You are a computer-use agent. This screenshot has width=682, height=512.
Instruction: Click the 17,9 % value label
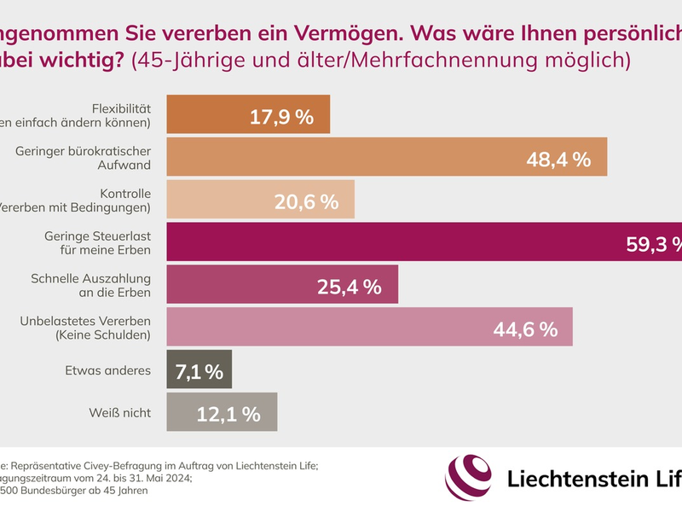[x=281, y=117]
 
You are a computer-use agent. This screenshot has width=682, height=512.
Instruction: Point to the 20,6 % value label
[x=306, y=201]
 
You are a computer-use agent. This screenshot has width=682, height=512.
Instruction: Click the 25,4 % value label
[x=349, y=286]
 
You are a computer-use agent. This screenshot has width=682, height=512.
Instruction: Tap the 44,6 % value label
[x=525, y=329]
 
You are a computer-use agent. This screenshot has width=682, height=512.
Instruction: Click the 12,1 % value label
[x=228, y=414]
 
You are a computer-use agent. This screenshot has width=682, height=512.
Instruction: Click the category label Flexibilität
[x=121, y=108]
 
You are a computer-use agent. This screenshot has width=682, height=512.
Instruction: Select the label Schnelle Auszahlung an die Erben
[x=90, y=285]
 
